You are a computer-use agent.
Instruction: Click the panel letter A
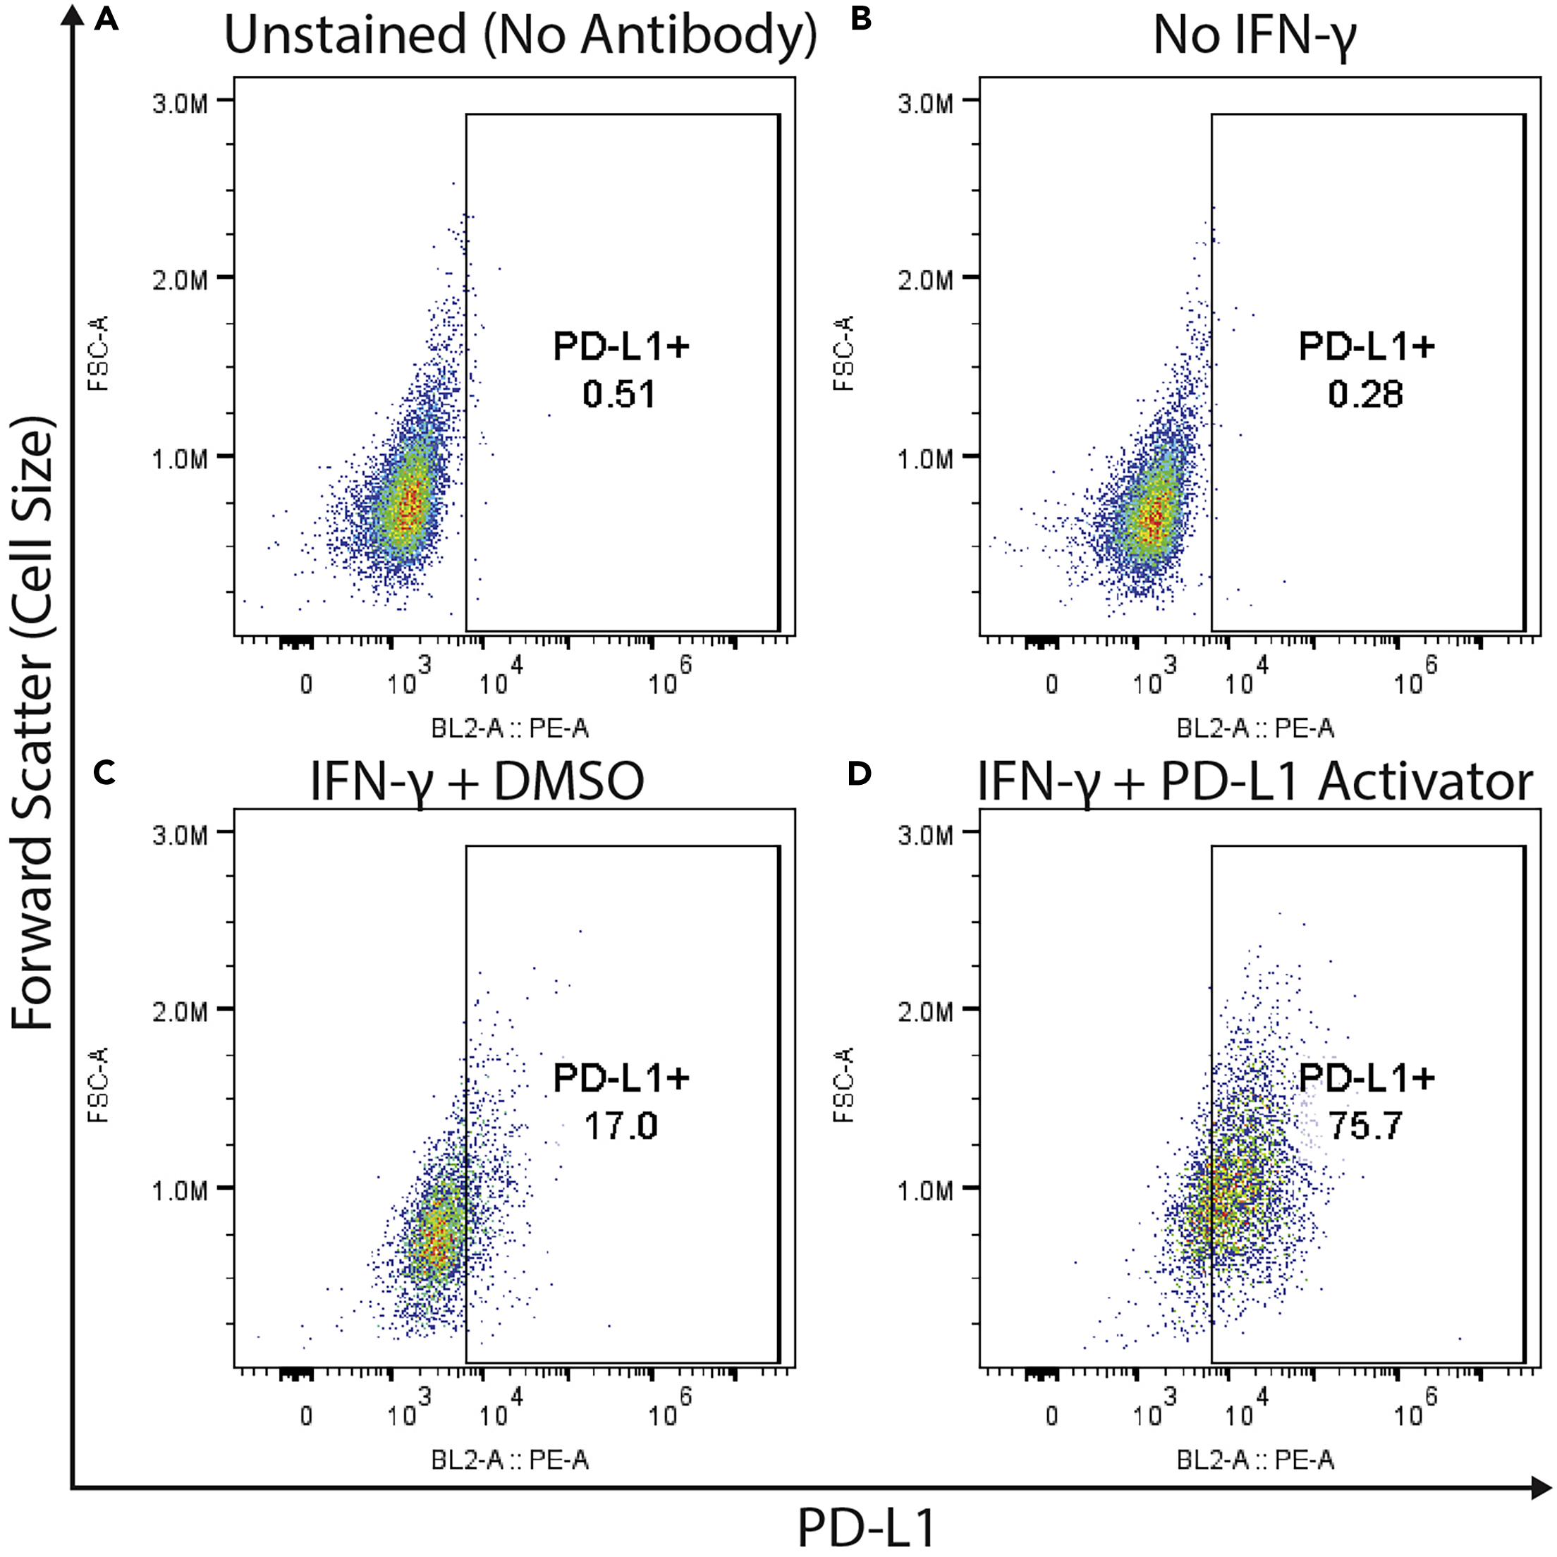106,18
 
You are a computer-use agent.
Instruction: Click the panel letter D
859,774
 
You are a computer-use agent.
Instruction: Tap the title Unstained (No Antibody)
520,36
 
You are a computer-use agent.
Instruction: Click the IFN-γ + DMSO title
477,783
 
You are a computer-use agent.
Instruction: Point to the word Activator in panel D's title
1427,782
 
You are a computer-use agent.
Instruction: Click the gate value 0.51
619,395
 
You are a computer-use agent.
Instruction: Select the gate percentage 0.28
1365,395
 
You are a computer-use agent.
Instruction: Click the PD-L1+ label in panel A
621,346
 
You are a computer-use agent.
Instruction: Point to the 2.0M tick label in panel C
180,1010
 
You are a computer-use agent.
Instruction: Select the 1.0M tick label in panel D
926,1190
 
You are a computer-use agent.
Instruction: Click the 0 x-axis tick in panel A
306,685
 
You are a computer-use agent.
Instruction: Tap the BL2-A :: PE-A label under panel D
1254,1460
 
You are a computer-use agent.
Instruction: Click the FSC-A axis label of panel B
844,353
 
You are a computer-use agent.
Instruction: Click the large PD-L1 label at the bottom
867,1527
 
